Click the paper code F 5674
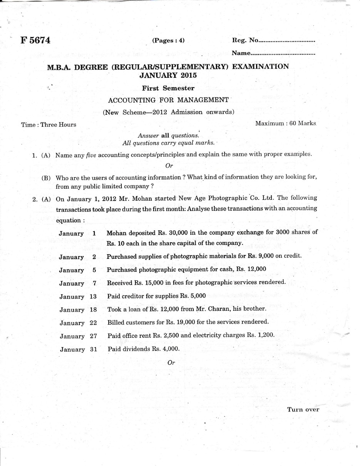36,40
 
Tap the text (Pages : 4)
168,40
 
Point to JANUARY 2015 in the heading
168,75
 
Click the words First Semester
168,88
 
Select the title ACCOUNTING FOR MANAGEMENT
168,100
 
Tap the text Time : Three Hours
49,124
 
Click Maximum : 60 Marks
285,123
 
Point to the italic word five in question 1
91,155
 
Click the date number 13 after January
93,297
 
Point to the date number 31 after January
93,349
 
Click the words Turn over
303,409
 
